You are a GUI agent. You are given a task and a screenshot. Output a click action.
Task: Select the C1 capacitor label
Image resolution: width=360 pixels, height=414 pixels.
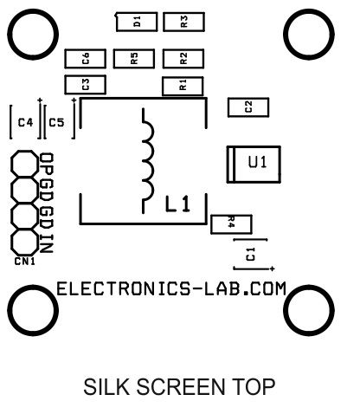[x=250, y=254]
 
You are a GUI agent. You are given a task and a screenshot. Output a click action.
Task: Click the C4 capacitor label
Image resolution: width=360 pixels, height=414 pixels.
[x=25, y=123]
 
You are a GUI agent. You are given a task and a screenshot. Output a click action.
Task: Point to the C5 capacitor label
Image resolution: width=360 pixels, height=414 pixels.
[x=56, y=123]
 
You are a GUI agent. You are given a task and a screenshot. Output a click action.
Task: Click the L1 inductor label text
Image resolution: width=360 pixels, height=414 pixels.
[x=177, y=204]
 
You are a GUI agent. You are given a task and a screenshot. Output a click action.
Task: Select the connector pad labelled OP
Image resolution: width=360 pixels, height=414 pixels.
[x=24, y=164]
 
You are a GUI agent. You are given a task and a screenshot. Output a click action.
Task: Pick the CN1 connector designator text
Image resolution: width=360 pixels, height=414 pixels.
[x=25, y=262]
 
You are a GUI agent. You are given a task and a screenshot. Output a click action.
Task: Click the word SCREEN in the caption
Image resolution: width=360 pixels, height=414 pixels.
[x=180, y=387]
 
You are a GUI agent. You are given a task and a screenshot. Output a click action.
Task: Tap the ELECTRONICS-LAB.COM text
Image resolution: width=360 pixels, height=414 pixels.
[x=171, y=288]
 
